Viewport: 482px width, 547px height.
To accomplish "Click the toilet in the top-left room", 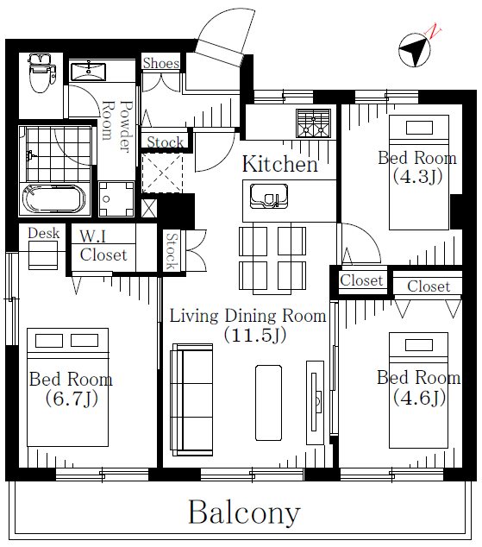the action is (42, 72).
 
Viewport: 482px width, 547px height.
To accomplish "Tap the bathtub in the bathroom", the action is (53, 198).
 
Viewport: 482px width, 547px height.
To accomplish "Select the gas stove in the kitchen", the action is (313, 123).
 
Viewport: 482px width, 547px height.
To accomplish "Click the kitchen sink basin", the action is (269, 196).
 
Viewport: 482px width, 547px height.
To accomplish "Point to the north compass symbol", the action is (415, 50).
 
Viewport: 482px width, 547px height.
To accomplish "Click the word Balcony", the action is (244, 512).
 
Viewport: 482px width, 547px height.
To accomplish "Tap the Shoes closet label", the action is (161, 63).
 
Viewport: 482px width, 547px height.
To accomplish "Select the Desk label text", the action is (44, 233).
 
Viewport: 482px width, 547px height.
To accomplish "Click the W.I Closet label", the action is (103, 246).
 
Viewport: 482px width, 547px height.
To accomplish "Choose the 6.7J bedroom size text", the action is (72, 399).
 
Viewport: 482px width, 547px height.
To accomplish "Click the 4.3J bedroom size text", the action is (417, 176).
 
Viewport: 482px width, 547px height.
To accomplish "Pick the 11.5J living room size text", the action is (255, 335).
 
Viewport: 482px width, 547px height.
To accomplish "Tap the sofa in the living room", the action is (191, 399).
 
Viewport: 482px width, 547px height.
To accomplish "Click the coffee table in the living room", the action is (268, 403).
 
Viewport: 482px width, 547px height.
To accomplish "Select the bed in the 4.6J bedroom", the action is (418, 390).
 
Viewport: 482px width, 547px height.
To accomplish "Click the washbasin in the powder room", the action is (88, 72).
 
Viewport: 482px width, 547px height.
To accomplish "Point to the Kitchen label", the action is (280, 164).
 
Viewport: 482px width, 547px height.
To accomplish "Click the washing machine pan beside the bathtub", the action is (116, 199).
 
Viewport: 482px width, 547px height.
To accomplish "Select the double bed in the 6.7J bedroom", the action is (67, 387).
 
